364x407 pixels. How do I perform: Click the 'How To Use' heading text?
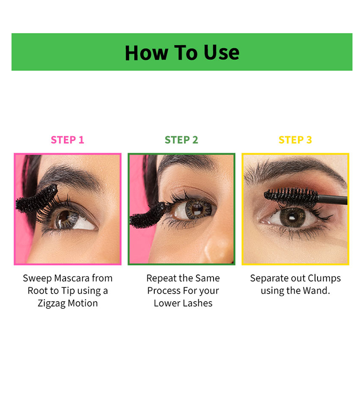click(182, 52)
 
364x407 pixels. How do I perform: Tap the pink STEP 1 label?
click(68, 140)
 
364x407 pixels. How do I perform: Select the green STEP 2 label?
click(181, 140)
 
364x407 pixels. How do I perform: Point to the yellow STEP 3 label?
click(295, 140)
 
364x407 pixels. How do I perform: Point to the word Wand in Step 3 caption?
click(317, 291)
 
